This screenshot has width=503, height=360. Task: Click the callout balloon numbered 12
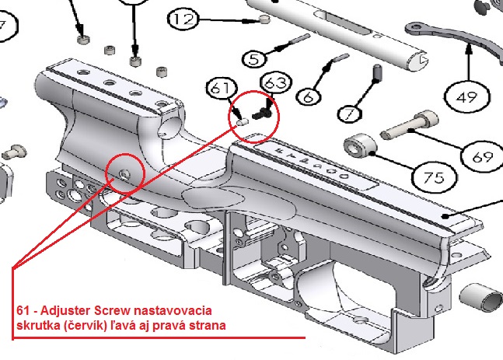(x=183, y=19)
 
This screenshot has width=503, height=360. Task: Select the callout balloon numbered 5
(x=254, y=59)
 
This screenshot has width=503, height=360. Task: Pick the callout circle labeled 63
(x=276, y=82)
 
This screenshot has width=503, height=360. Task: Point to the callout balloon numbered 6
(x=309, y=96)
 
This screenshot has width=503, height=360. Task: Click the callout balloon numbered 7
(x=350, y=114)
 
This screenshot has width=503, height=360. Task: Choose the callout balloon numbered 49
(x=466, y=96)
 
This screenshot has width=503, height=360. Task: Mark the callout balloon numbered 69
(x=482, y=156)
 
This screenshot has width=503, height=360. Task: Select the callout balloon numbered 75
(x=434, y=177)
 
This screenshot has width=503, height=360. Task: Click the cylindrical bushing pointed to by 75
(x=360, y=145)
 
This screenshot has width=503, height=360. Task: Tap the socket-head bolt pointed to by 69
(x=410, y=125)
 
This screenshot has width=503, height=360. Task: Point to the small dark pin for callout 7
(x=378, y=73)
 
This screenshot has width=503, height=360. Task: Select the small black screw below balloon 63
(x=262, y=114)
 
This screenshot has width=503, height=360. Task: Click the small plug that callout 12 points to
(x=264, y=19)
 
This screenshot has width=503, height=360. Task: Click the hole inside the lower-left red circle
(x=125, y=173)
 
